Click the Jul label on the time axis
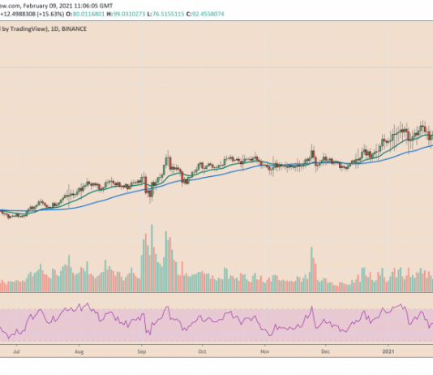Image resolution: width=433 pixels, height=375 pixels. [15, 353]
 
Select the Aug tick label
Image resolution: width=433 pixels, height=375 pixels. [79, 353]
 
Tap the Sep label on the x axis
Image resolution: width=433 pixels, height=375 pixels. [141, 353]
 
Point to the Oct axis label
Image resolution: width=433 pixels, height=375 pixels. [203, 353]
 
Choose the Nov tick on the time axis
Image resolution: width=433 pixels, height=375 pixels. [264, 353]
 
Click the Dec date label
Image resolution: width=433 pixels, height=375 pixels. [324, 353]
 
